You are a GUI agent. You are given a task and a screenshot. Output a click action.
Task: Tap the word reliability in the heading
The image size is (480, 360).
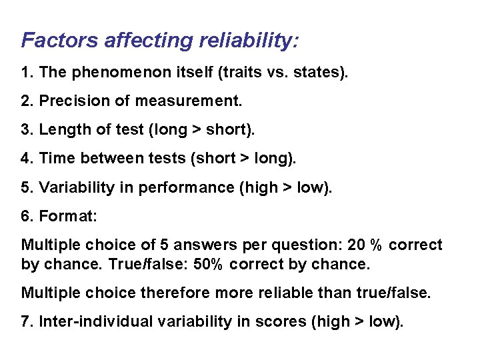coord(245,41)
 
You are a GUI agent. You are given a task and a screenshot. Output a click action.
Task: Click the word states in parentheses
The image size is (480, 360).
coord(318,73)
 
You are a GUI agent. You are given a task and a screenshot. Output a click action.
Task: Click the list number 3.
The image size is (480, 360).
coord(26,130)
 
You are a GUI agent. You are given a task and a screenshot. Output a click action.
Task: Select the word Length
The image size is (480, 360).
coord(61,130)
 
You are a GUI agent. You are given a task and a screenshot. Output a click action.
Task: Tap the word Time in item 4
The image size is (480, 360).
coord(54,159)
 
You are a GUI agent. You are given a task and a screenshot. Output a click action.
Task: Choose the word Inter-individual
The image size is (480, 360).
coord(88,321)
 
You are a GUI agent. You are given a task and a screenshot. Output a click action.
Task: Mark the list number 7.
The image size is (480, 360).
coord(26,321)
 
